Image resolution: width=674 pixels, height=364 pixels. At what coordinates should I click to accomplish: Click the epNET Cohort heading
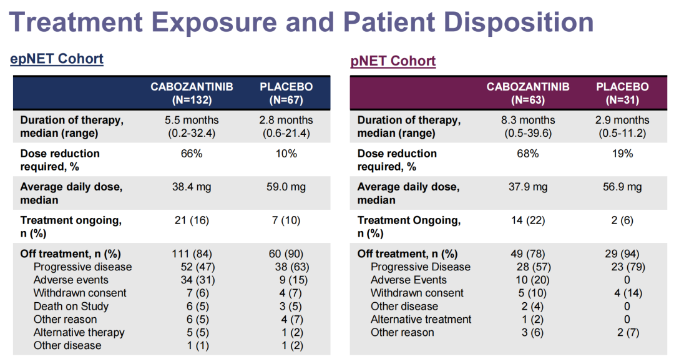point(57,59)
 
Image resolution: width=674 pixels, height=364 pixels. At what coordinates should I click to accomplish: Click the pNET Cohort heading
point(393,61)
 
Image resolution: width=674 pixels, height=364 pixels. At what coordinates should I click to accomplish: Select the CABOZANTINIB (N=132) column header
point(192,93)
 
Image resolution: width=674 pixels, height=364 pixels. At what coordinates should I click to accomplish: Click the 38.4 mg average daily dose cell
point(192,187)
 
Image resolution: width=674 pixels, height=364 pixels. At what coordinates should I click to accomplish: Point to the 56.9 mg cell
point(622,187)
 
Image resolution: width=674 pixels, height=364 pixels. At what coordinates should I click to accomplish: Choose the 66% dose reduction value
point(192,154)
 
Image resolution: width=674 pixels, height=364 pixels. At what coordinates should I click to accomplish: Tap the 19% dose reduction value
point(622,154)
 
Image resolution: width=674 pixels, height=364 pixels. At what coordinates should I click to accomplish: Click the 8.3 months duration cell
point(528,120)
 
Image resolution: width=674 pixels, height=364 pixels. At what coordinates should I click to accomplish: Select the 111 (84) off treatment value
point(192,253)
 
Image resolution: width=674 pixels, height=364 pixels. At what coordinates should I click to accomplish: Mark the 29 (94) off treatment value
point(622,253)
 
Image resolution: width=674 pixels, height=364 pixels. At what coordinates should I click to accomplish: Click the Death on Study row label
point(71,306)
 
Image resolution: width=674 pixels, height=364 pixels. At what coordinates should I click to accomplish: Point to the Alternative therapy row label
point(79,332)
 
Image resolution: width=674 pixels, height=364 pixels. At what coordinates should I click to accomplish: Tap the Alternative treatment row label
point(421,319)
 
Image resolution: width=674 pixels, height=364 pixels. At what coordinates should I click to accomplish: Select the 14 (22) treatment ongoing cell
point(528,220)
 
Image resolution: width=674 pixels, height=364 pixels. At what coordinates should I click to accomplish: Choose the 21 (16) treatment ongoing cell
point(192,220)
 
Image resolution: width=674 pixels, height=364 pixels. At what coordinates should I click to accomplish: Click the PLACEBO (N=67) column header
point(286,93)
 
